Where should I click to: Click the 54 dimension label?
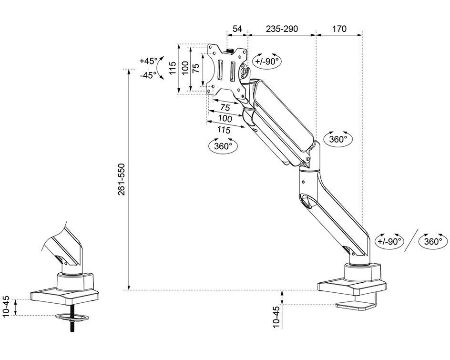[237, 29]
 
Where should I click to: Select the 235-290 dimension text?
[282, 29]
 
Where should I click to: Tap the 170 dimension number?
[339, 29]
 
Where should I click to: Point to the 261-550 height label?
[122, 179]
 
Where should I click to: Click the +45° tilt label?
[148, 61]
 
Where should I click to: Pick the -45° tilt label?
[148, 75]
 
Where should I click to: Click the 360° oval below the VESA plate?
[223, 146]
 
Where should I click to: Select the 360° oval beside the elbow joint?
[338, 139]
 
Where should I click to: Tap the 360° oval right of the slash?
[433, 241]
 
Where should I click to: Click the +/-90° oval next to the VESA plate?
[266, 61]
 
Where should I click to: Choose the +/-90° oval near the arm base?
[389, 241]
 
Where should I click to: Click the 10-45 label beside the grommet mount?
[7, 307]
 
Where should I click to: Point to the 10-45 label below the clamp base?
[276, 317]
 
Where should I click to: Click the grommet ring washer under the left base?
[72, 317]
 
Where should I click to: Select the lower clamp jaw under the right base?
[355, 305]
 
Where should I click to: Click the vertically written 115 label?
[172, 68]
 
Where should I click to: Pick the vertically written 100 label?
[185, 68]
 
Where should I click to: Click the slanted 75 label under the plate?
[225, 107]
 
